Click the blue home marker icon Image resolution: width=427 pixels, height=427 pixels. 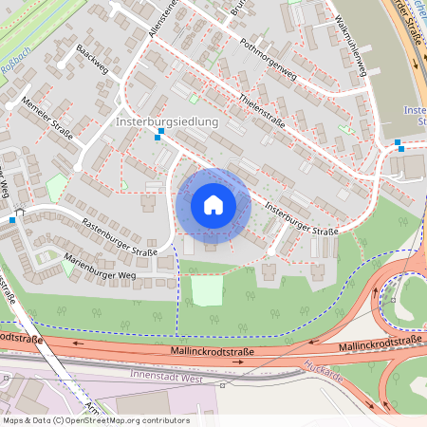[x=213, y=204]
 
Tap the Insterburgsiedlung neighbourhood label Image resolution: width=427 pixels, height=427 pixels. [x=167, y=122]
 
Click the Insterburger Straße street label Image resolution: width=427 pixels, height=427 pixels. [x=301, y=218]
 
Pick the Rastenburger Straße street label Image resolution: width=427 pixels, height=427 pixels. [x=120, y=238]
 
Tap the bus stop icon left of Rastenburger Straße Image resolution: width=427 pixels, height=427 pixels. [x=11, y=220]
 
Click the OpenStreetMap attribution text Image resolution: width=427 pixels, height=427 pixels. [x=96, y=419]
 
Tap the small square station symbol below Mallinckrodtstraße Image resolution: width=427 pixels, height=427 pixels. [x=222, y=386]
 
